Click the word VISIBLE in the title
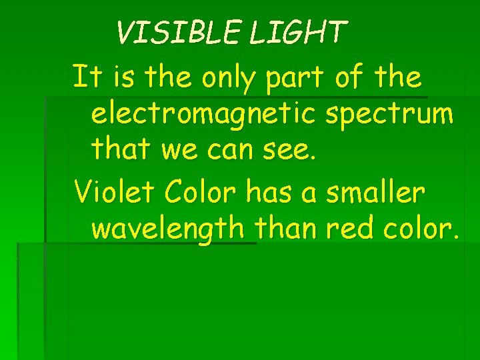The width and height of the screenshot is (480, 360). click(x=179, y=32)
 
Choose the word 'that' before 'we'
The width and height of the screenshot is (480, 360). click(x=123, y=151)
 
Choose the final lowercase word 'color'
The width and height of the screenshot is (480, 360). click(x=419, y=228)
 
